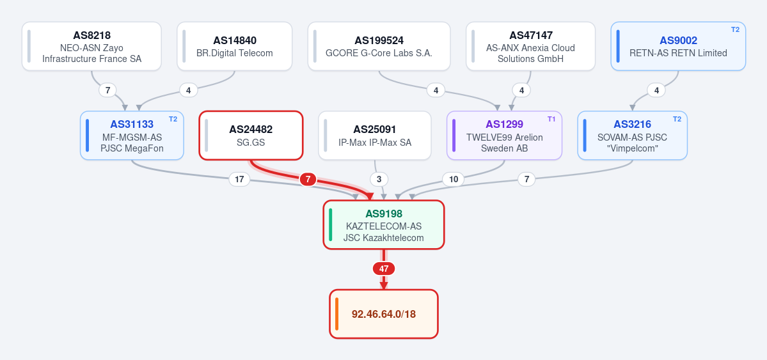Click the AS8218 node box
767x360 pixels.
91,46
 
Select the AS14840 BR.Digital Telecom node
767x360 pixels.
234,46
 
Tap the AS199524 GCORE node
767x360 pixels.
379,46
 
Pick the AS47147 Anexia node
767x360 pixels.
531,46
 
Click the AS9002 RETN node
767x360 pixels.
678,46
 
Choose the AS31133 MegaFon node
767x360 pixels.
132,136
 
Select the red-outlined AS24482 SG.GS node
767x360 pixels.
251,136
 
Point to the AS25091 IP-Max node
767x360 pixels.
375,136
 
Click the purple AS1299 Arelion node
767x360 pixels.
504,136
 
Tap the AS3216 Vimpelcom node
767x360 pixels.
632,136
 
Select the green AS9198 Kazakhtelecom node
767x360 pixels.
384,225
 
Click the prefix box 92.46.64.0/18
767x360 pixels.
384,314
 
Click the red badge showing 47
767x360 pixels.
384,269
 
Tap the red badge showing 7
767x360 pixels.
308,180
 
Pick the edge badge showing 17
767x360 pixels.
239,180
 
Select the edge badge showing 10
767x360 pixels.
454,180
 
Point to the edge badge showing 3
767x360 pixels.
379,180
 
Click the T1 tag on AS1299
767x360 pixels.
551,119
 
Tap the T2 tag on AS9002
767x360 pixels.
735,29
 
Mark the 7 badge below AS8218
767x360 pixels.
107,90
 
